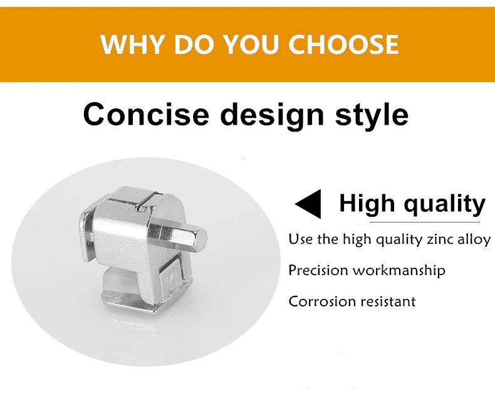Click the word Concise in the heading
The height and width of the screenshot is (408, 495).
point(146,114)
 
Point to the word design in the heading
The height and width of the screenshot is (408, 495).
point(272,116)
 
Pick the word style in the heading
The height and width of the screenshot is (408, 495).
point(372,116)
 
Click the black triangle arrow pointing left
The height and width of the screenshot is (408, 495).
point(308,204)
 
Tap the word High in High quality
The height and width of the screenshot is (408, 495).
point(367,204)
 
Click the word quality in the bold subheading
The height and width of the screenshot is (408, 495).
point(444,205)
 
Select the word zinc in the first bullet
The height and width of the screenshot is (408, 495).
point(440,239)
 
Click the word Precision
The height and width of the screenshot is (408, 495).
point(318,270)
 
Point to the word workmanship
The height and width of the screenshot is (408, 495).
point(399,271)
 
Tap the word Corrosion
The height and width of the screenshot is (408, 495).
point(322,301)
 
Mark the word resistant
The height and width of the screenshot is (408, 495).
point(388,301)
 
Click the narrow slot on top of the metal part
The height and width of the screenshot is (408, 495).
point(148,201)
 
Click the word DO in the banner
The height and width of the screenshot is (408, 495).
point(194,44)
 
